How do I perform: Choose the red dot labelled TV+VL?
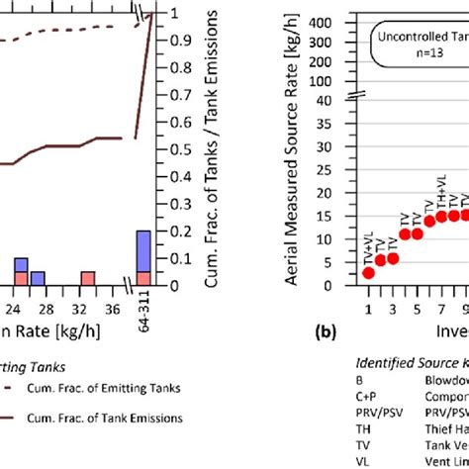tap(368, 272)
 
